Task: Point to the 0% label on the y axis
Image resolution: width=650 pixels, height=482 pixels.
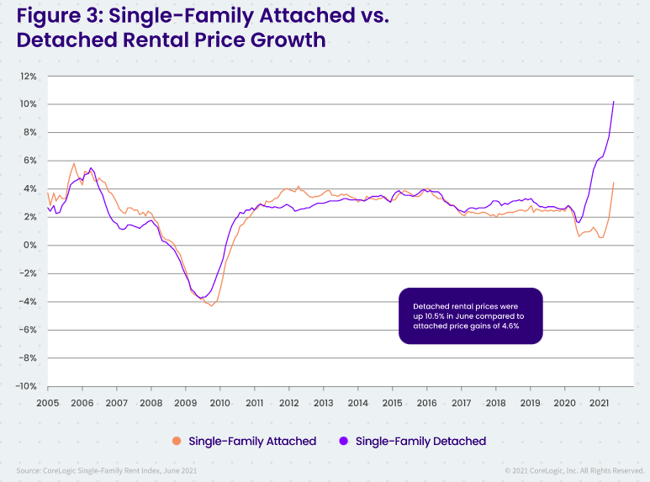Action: tap(29, 245)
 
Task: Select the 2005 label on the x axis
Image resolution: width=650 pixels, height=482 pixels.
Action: tap(47, 403)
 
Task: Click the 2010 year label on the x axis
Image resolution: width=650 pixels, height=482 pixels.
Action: tap(219, 403)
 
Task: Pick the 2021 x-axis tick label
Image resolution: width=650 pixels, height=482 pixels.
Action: tap(598, 403)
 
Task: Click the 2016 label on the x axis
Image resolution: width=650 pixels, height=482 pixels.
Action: tap(425, 403)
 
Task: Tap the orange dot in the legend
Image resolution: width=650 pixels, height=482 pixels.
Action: tap(177, 441)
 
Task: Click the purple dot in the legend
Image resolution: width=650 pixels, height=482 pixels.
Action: tap(344, 441)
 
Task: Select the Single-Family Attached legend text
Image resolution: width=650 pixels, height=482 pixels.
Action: tap(252, 441)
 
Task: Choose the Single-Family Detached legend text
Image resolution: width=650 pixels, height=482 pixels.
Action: tap(420, 441)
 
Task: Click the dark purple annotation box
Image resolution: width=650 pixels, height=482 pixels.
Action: tap(471, 316)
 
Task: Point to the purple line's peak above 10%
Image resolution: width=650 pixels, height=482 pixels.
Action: tap(614, 102)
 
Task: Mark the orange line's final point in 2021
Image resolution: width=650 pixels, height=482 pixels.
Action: tap(614, 183)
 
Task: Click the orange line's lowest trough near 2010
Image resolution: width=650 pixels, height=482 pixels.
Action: tap(211, 305)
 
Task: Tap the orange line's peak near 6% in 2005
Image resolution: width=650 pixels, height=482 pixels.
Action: tap(74, 163)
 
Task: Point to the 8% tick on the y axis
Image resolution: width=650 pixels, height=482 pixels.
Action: tap(29, 132)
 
